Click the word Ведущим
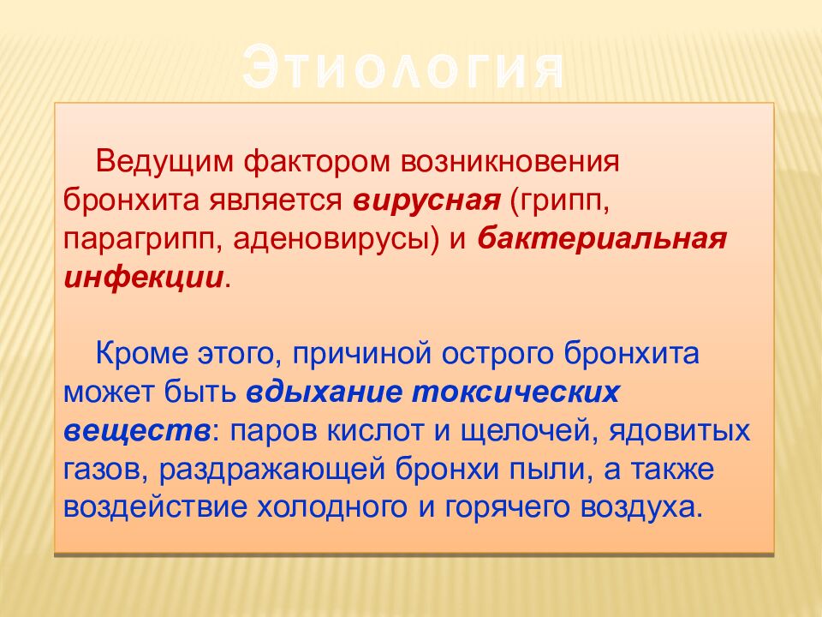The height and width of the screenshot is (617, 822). [x=164, y=163]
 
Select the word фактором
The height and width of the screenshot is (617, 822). [x=317, y=163]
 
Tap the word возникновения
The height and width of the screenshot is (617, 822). [x=510, y=162]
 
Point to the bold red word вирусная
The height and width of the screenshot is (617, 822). [x=426, y=201]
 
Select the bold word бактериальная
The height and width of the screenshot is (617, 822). [x=602, y=239]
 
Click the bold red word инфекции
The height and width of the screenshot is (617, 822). [x=144, y=278]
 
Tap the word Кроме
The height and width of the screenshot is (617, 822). [x=141, y=354]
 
